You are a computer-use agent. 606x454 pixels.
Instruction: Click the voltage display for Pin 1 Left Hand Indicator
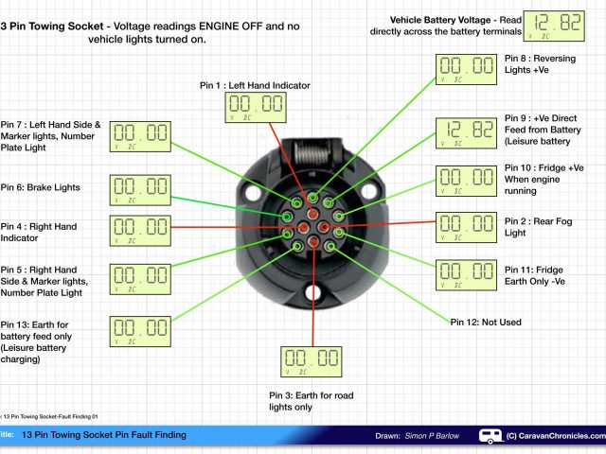click(254, 107)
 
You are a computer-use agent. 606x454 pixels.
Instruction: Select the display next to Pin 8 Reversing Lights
click(466, 68)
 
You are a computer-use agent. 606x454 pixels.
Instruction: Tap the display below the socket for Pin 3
click(312, 361)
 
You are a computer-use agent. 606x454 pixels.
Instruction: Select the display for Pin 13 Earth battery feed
click(140, 330)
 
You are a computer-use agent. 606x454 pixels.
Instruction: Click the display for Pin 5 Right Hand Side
click(140, 277)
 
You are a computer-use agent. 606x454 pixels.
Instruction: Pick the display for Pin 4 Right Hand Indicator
click(140, 229)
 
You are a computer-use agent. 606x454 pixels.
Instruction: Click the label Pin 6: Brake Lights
click(42, 187)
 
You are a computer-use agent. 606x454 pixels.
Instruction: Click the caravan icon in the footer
click(491, 435)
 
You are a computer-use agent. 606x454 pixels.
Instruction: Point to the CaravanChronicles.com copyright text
click(555, 435)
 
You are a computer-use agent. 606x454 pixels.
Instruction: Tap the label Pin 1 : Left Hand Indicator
click(253, 85)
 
